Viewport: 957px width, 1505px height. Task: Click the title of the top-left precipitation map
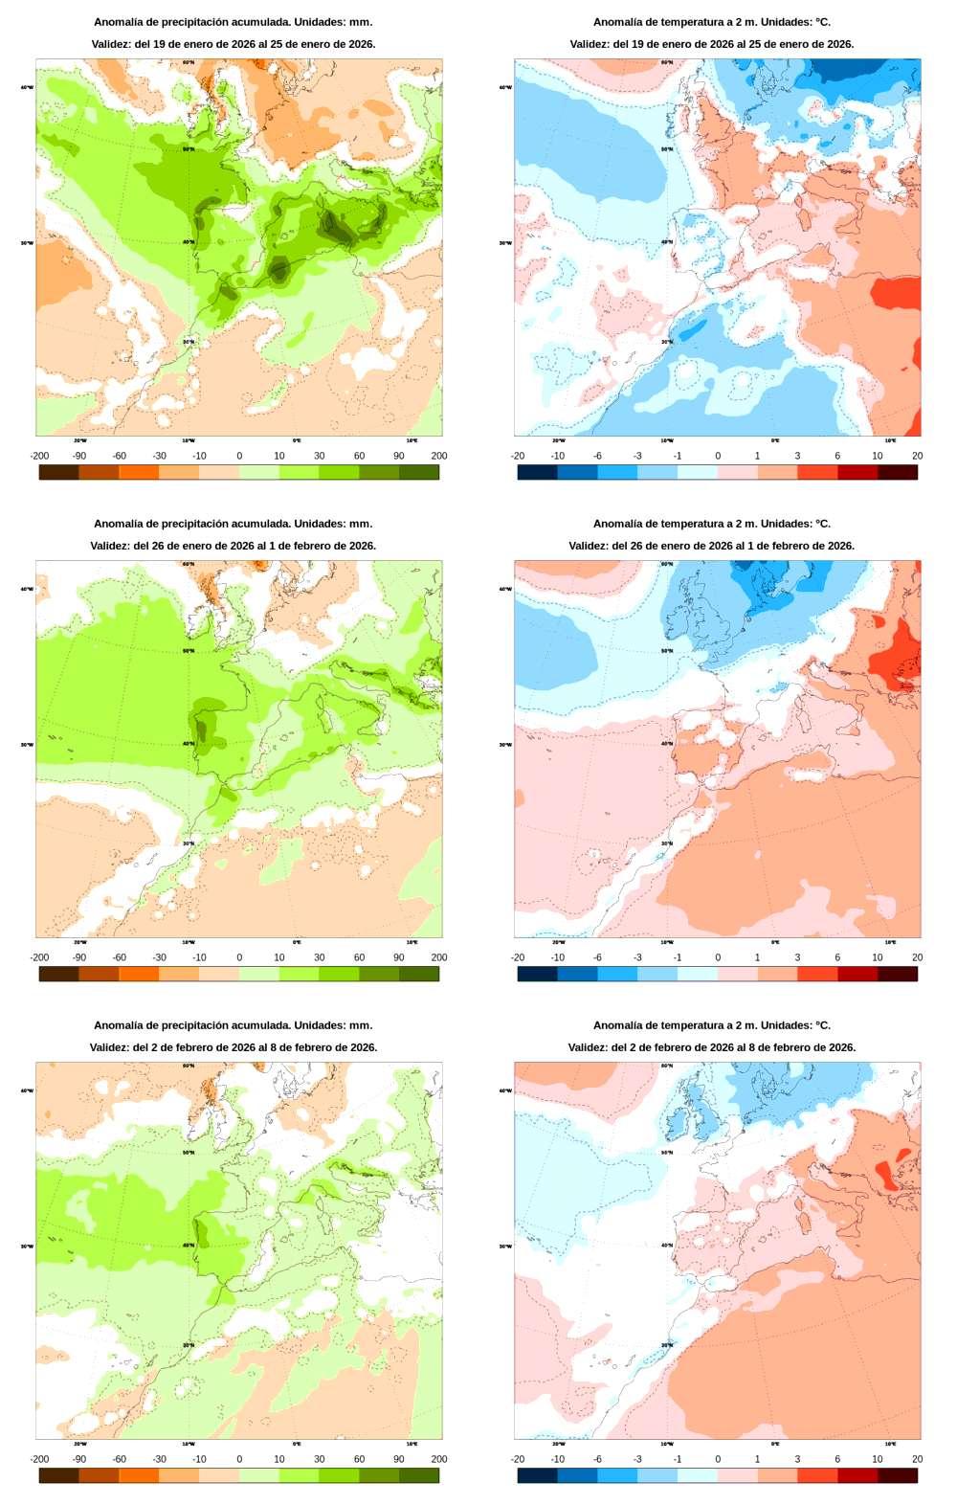(233, 22)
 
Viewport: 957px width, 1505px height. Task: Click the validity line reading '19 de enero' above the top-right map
(711, 44)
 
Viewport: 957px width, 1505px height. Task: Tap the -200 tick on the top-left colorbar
(39, 456)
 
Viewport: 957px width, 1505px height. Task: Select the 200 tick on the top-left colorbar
(438, 456)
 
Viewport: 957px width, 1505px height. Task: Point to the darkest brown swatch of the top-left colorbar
(58, 472)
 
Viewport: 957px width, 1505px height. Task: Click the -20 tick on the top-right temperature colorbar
(518, 456)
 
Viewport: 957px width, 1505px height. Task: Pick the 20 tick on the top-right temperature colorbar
(917, 456)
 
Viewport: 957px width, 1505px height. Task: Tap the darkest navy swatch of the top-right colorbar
(537, 472)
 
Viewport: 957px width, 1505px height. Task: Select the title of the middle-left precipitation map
(233, 524)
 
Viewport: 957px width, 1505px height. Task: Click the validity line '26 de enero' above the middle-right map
(711, 546)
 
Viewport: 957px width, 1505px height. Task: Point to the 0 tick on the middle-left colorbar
(239, 957)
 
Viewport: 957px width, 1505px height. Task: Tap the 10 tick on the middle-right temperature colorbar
(877, 957)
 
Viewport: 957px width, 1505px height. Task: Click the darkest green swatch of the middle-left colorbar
(419, 974)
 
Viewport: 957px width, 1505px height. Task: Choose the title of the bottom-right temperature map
(711, 1025)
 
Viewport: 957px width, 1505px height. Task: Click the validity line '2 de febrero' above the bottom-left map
(233, 1047)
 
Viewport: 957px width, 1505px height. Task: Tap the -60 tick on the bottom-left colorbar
(119, 1459)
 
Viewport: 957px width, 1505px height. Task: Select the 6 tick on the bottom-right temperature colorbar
(837, 1459)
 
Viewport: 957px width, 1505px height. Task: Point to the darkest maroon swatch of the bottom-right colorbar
(898, 1475)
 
